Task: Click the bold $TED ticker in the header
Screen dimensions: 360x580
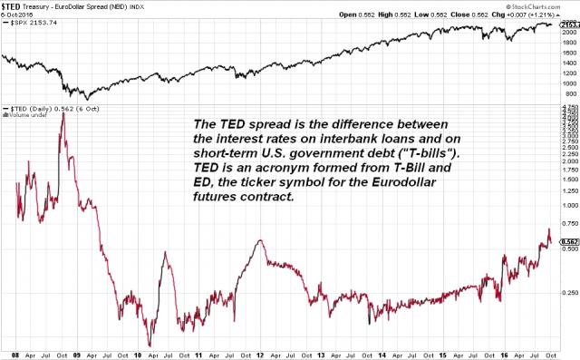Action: [13, 5]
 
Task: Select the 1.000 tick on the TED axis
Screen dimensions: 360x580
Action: [567, 205]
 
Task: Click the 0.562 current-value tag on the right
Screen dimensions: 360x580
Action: [567, 242]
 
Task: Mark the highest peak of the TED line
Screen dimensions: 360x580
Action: [62, 112]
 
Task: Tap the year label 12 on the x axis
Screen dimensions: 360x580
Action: [260, 355]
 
